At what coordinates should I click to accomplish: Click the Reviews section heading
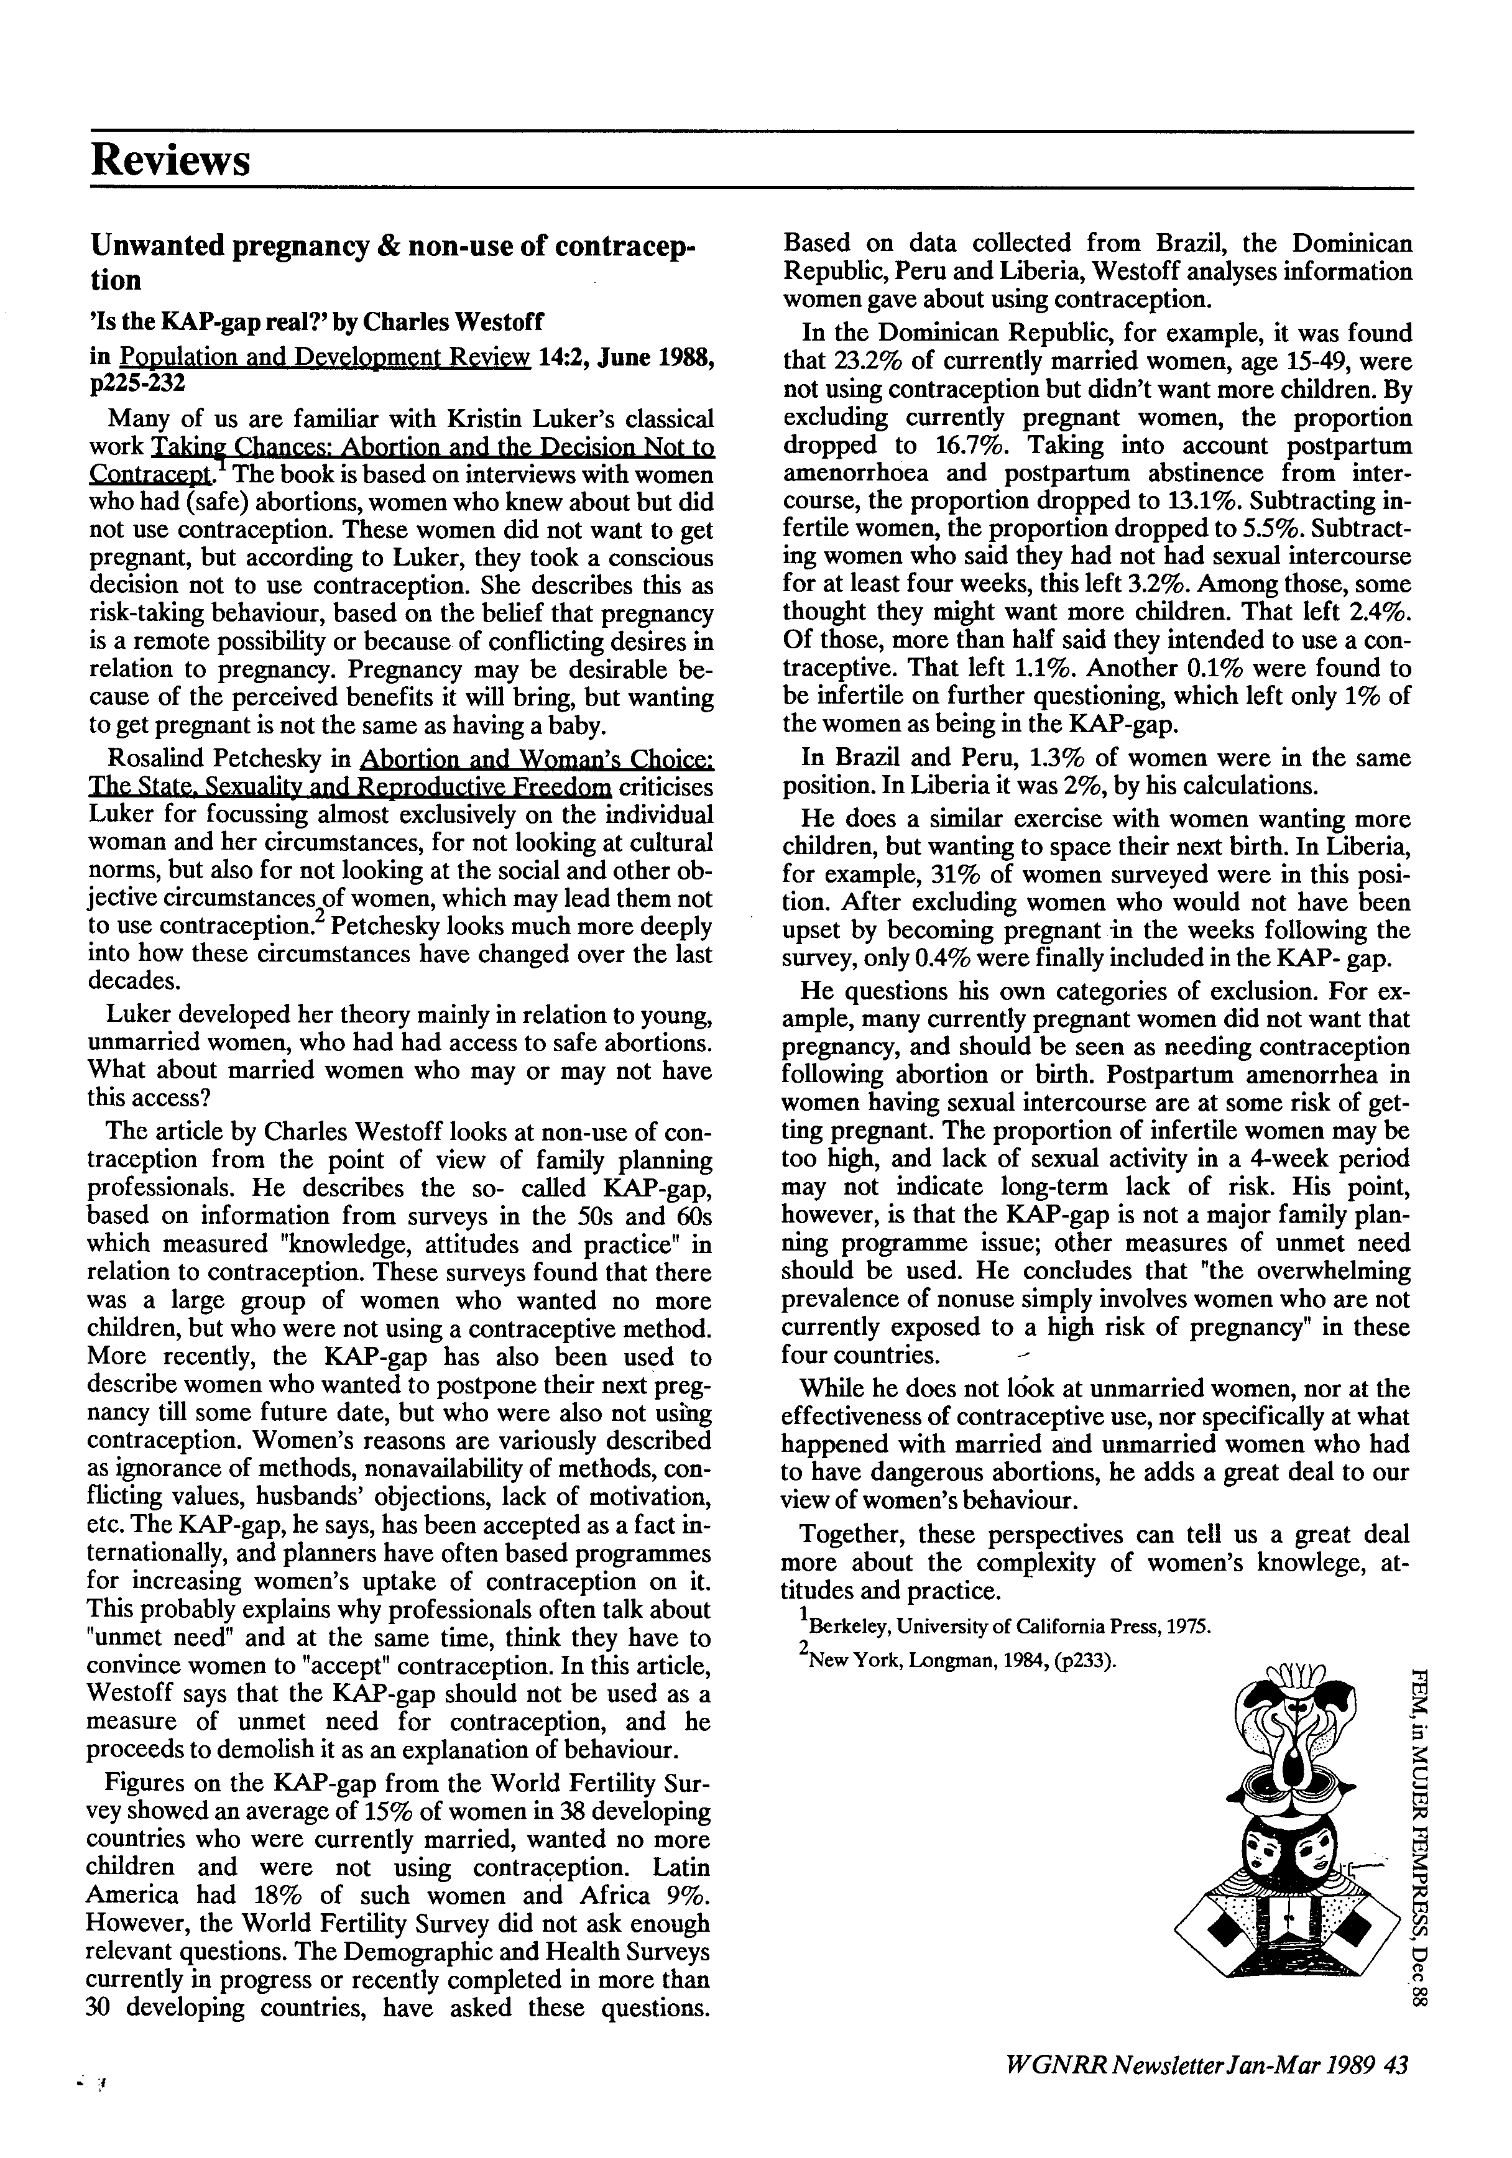pyautogui.click(x=170, y=161)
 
